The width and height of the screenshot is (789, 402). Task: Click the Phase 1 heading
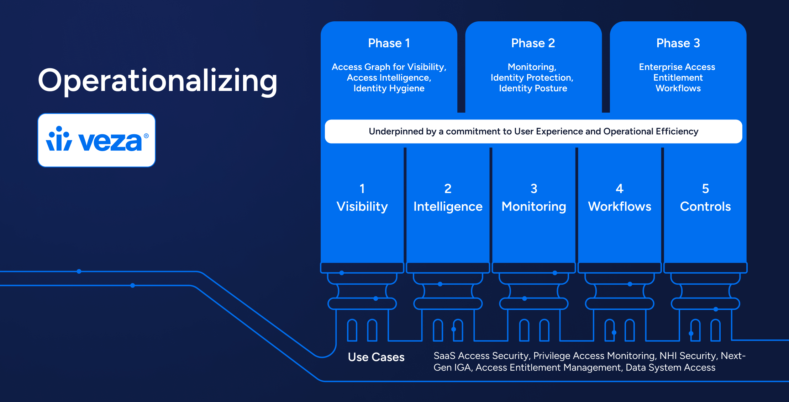coord(389,43)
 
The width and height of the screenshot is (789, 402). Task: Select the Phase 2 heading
coord(533,43)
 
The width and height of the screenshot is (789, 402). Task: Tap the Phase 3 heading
coord(678,43)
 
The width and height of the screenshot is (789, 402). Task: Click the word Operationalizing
coord(157,81)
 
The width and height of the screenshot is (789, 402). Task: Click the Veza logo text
coord(110,141)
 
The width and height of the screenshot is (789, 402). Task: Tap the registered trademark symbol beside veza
coord(146,136)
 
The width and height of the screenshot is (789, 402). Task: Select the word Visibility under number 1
coord(362,207)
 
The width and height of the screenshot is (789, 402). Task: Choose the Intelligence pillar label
coord(448,207)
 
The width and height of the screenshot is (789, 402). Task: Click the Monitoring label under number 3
coord(533,207)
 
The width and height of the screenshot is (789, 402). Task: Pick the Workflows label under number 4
coord(620,207)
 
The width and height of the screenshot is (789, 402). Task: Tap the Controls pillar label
coord(705,207)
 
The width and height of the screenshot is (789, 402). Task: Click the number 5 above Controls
coord(705,188)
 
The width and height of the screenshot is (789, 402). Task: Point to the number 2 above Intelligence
coord(448,188)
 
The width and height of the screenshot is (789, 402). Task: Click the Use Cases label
coord(376,357)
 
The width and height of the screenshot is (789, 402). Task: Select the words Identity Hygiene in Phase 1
coord(389,89)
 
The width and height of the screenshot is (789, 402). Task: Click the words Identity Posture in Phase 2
coord(533,88)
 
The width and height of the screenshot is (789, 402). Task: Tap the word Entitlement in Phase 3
coord(678,77)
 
